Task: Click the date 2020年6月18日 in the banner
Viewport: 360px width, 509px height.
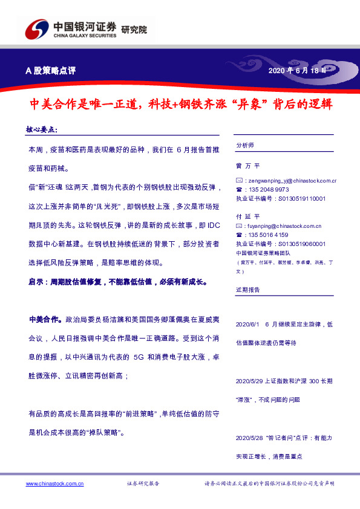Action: point(300,71)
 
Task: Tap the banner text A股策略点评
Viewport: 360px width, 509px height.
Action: point(50,71)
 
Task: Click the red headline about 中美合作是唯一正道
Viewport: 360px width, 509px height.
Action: point(181,104)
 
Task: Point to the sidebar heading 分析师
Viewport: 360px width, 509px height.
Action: point(245,146)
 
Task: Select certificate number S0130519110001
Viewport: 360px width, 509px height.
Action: point(300,198)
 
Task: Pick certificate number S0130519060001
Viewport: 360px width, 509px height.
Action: point(300,244)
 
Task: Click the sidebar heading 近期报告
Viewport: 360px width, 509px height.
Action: point(247,290)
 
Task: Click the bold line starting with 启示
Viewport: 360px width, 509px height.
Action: point(118,282)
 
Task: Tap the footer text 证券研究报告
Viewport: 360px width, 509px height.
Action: point(143,484)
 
